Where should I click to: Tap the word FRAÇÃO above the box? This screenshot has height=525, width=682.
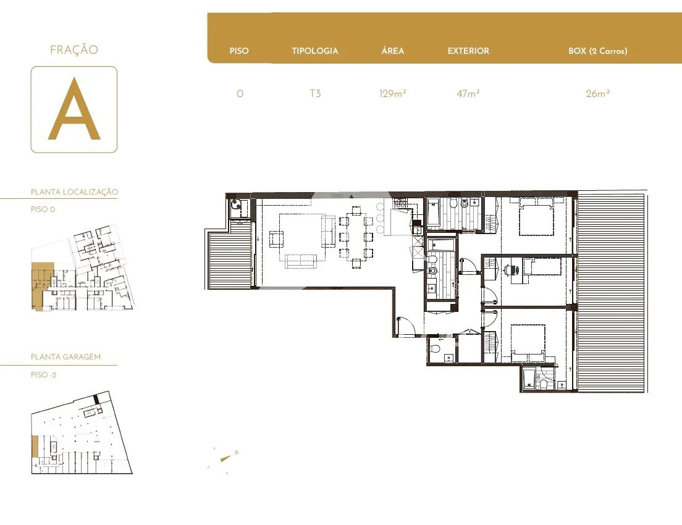[x=74, y=49]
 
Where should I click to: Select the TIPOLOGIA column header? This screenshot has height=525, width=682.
[x=315, y=51]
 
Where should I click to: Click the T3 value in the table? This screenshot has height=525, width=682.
[x=315, y=93]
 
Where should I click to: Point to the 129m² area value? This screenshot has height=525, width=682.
[x=393, y=93]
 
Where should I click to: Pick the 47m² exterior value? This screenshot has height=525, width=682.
[x=468, y=93]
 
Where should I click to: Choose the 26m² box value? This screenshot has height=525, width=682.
[x=597, y=93]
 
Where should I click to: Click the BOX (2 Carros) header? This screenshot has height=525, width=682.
[x=597, y=51]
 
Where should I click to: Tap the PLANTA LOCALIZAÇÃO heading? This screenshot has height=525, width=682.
[x=74, y=192]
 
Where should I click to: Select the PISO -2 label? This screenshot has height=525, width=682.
[x=43, y=374]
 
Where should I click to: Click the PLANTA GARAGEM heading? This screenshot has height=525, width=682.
[x=65, y=356]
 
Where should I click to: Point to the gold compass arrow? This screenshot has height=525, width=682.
[x=225, y=458]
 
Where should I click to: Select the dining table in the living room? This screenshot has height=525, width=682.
[x=356, y=238]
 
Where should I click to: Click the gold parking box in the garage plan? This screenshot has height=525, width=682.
[x=35, y=447]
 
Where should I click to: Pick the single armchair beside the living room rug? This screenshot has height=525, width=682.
[x=276, y=239]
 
